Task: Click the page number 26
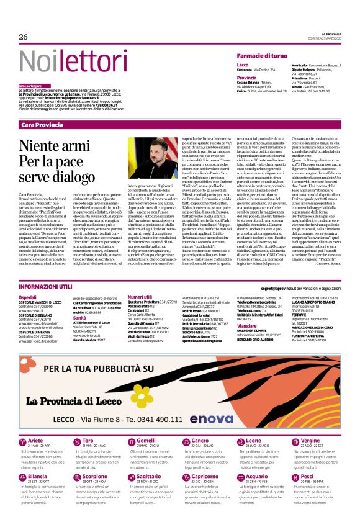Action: [24, 37]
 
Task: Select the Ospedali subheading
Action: [29, 298]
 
